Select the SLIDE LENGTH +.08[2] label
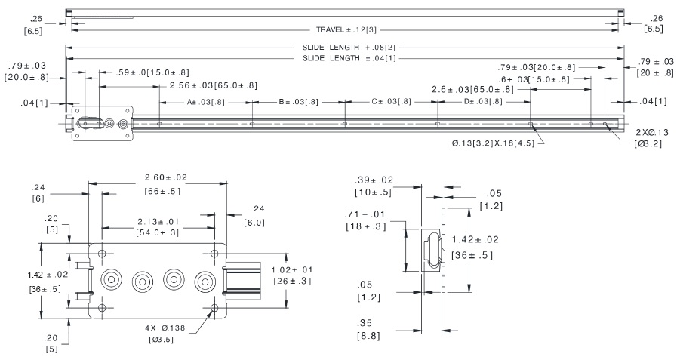pos(346,48)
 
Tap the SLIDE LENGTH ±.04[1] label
pos(346,58)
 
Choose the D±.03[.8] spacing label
pos(484,101)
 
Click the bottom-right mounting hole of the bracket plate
pos(215,307)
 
